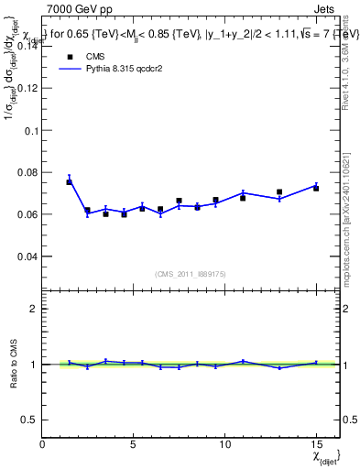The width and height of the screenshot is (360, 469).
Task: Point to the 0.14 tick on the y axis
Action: [28, 47]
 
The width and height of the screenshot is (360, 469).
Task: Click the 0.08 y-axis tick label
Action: [28, 172]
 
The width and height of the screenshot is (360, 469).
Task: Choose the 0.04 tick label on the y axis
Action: [28, 256]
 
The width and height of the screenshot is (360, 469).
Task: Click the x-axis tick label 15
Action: [316, 443]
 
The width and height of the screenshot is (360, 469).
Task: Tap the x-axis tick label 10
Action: [224, 443]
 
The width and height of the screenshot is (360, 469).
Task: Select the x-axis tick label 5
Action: [134, 443]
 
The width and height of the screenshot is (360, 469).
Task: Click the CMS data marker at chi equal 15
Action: [316, 188]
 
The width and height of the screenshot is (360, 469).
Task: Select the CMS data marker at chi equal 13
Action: [279, 192]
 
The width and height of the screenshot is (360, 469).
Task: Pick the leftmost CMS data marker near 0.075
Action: [69, 182]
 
